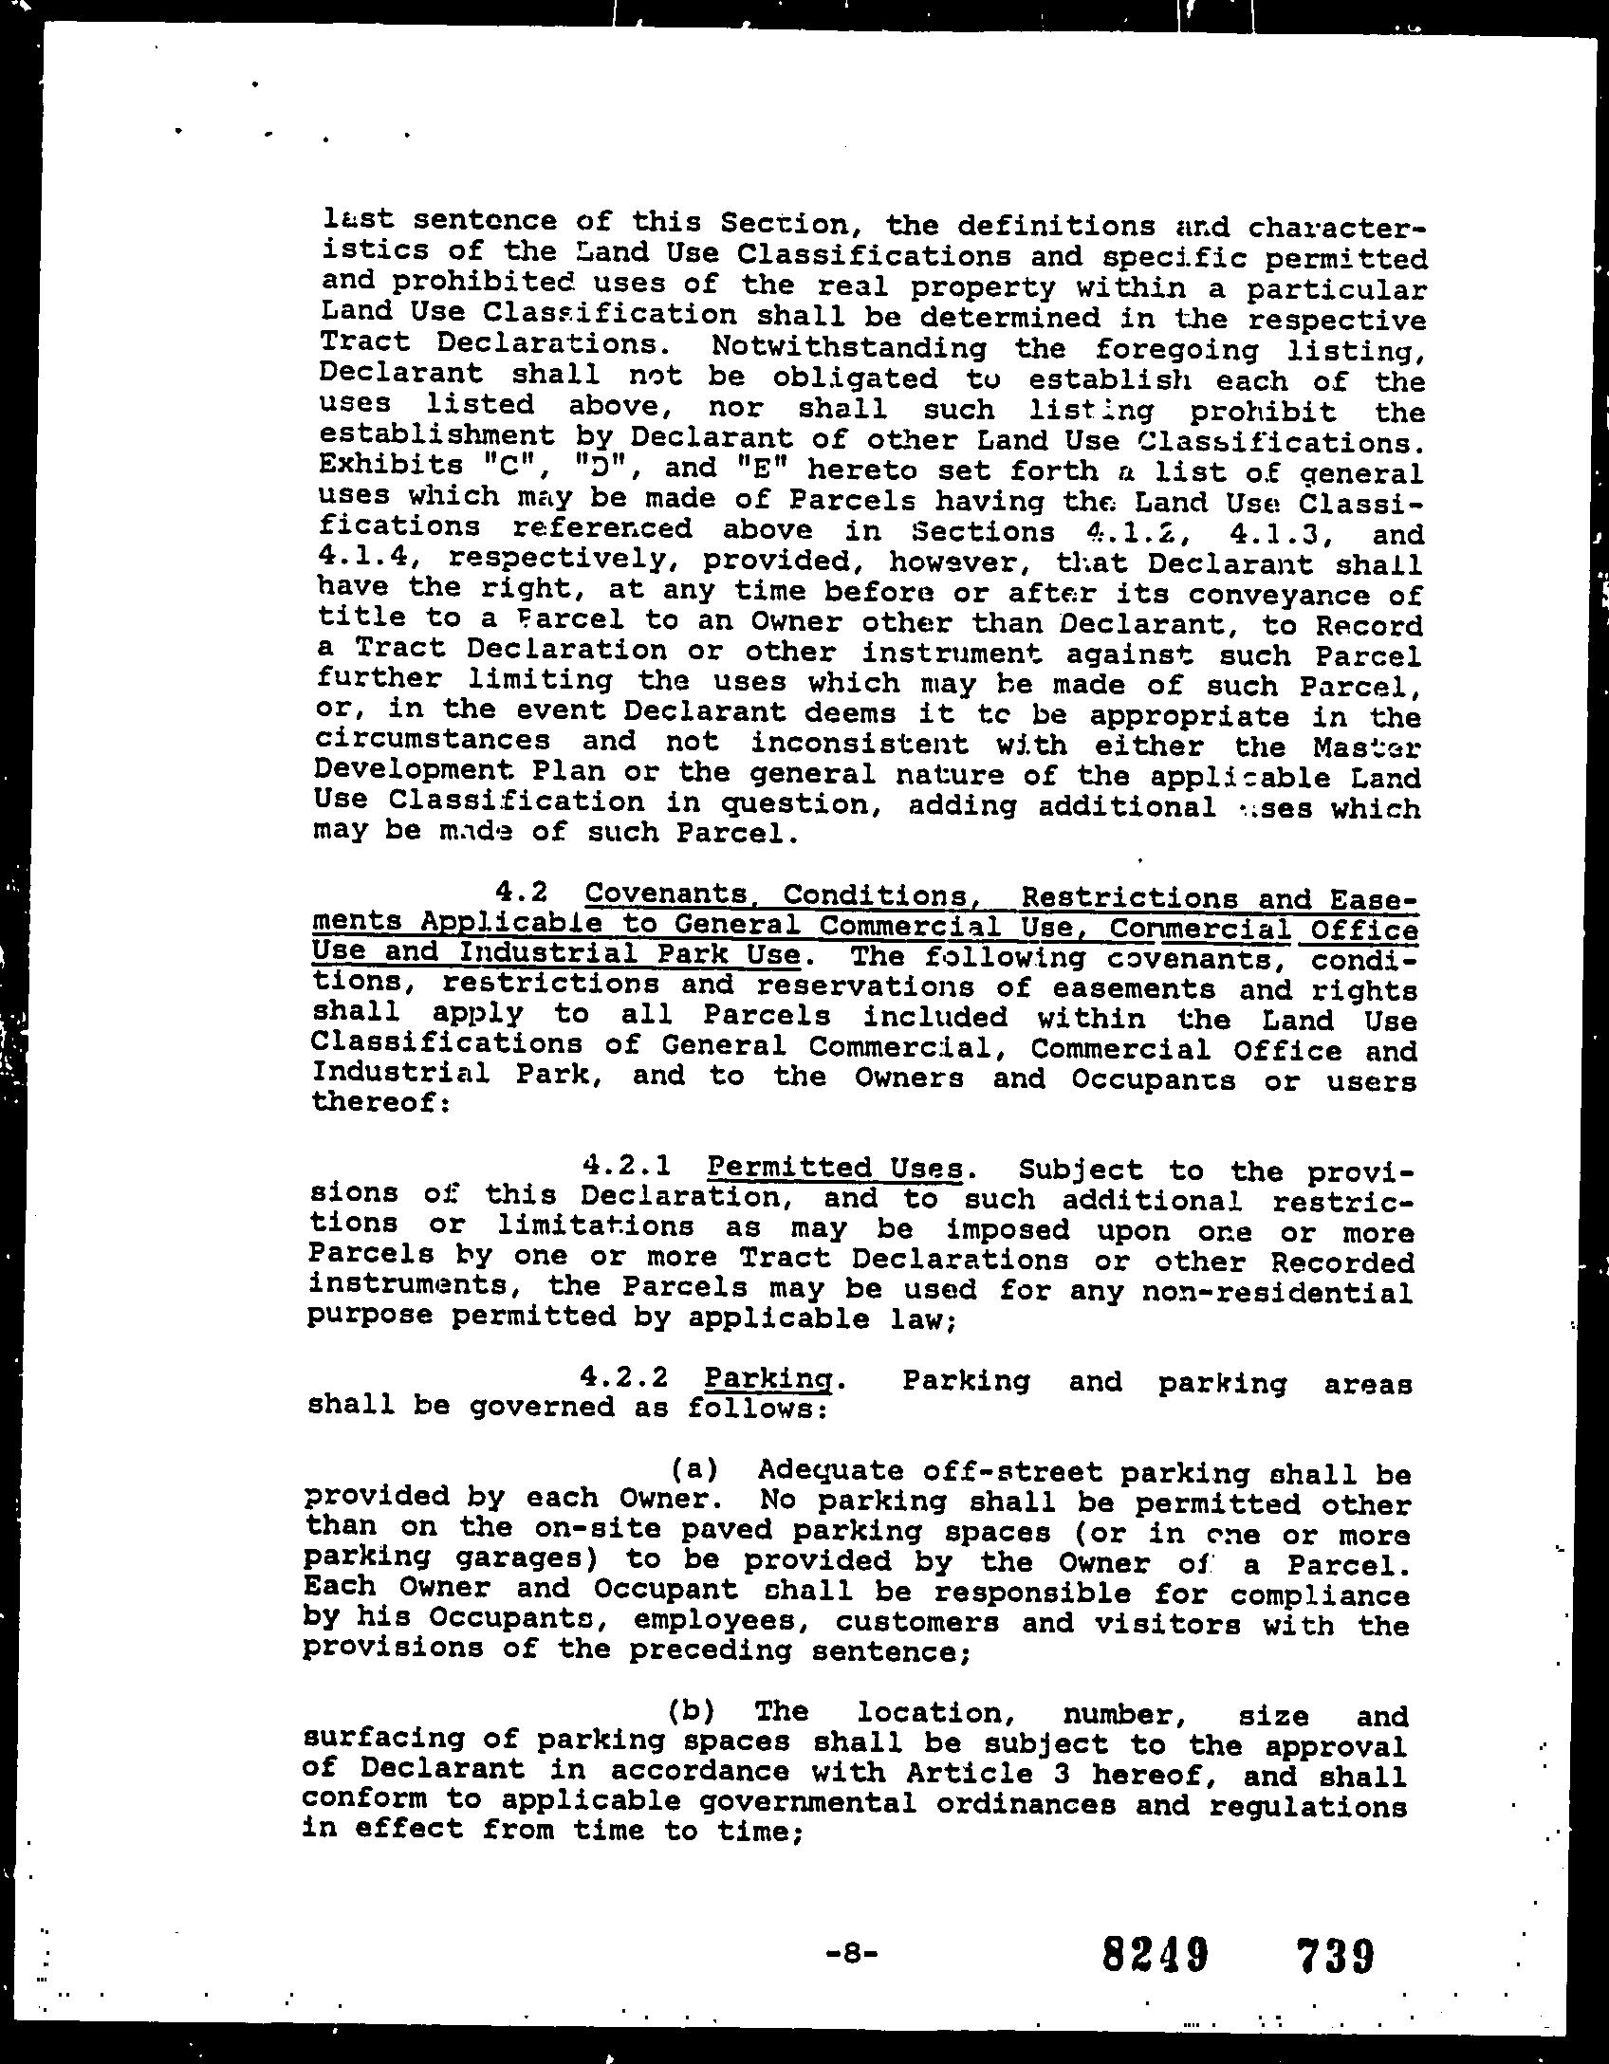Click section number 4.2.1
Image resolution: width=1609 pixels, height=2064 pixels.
(629, 1164)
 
